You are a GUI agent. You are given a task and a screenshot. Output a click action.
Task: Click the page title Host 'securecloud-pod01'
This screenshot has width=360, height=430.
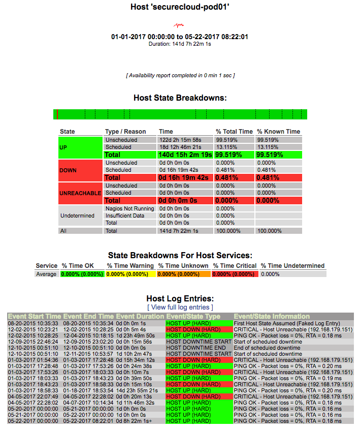[x=180, y=8]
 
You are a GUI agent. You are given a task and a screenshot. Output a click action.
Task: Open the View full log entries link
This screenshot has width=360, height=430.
[x=180, y=308]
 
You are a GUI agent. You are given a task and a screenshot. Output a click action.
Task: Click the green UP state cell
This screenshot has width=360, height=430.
[x=81, y=147]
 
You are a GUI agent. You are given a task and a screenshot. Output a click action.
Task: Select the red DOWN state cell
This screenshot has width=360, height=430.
[x=81, y=170]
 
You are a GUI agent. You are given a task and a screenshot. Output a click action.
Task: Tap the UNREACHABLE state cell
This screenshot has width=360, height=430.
[x=81, y=193]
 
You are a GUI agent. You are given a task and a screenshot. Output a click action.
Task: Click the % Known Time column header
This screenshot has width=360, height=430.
[x=278, y=132]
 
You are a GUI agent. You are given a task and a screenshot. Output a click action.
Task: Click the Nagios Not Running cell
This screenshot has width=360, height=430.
[x=129, y=208]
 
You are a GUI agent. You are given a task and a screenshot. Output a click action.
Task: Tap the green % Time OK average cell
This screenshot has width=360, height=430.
[x=82, y=274]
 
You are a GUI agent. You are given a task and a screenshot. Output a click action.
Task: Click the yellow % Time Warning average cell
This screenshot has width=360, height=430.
[x=130, y=274]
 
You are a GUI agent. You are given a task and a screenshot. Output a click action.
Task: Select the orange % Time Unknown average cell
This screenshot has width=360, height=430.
[x=183, y=274]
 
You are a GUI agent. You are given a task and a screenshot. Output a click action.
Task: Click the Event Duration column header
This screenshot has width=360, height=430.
[x=140, y=316]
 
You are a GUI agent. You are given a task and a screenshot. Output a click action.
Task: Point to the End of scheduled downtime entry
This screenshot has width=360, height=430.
[x=268, y=348]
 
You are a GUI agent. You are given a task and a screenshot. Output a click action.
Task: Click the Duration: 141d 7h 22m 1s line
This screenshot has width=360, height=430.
[x=180, y=44]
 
